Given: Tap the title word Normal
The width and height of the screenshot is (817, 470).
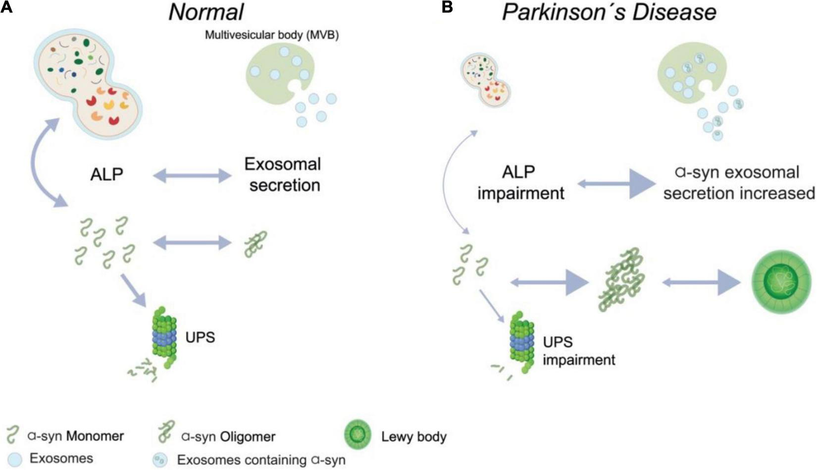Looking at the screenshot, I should pos(206,12).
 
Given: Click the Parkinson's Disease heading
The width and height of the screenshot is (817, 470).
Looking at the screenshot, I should pos(609,12).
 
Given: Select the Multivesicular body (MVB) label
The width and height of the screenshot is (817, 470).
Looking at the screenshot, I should pos(272,35).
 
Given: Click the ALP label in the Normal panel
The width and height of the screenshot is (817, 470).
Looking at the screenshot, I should pos(106,174).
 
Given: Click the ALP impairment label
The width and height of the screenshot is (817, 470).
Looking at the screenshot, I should pos(520,183).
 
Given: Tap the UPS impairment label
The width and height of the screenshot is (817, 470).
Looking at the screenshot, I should pos(578,351).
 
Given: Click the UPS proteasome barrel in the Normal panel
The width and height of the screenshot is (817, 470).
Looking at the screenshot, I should pos(164,334).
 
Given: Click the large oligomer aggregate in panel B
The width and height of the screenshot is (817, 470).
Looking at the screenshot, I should pos(622,280).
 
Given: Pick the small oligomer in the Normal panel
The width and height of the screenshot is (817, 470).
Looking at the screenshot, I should pos(256,243).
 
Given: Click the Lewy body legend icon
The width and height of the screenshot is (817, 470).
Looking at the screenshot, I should pos(357,435).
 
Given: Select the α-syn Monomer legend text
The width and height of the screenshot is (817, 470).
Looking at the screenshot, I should pos(75,436).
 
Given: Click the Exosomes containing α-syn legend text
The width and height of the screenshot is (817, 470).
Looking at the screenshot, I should pos(261,460).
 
